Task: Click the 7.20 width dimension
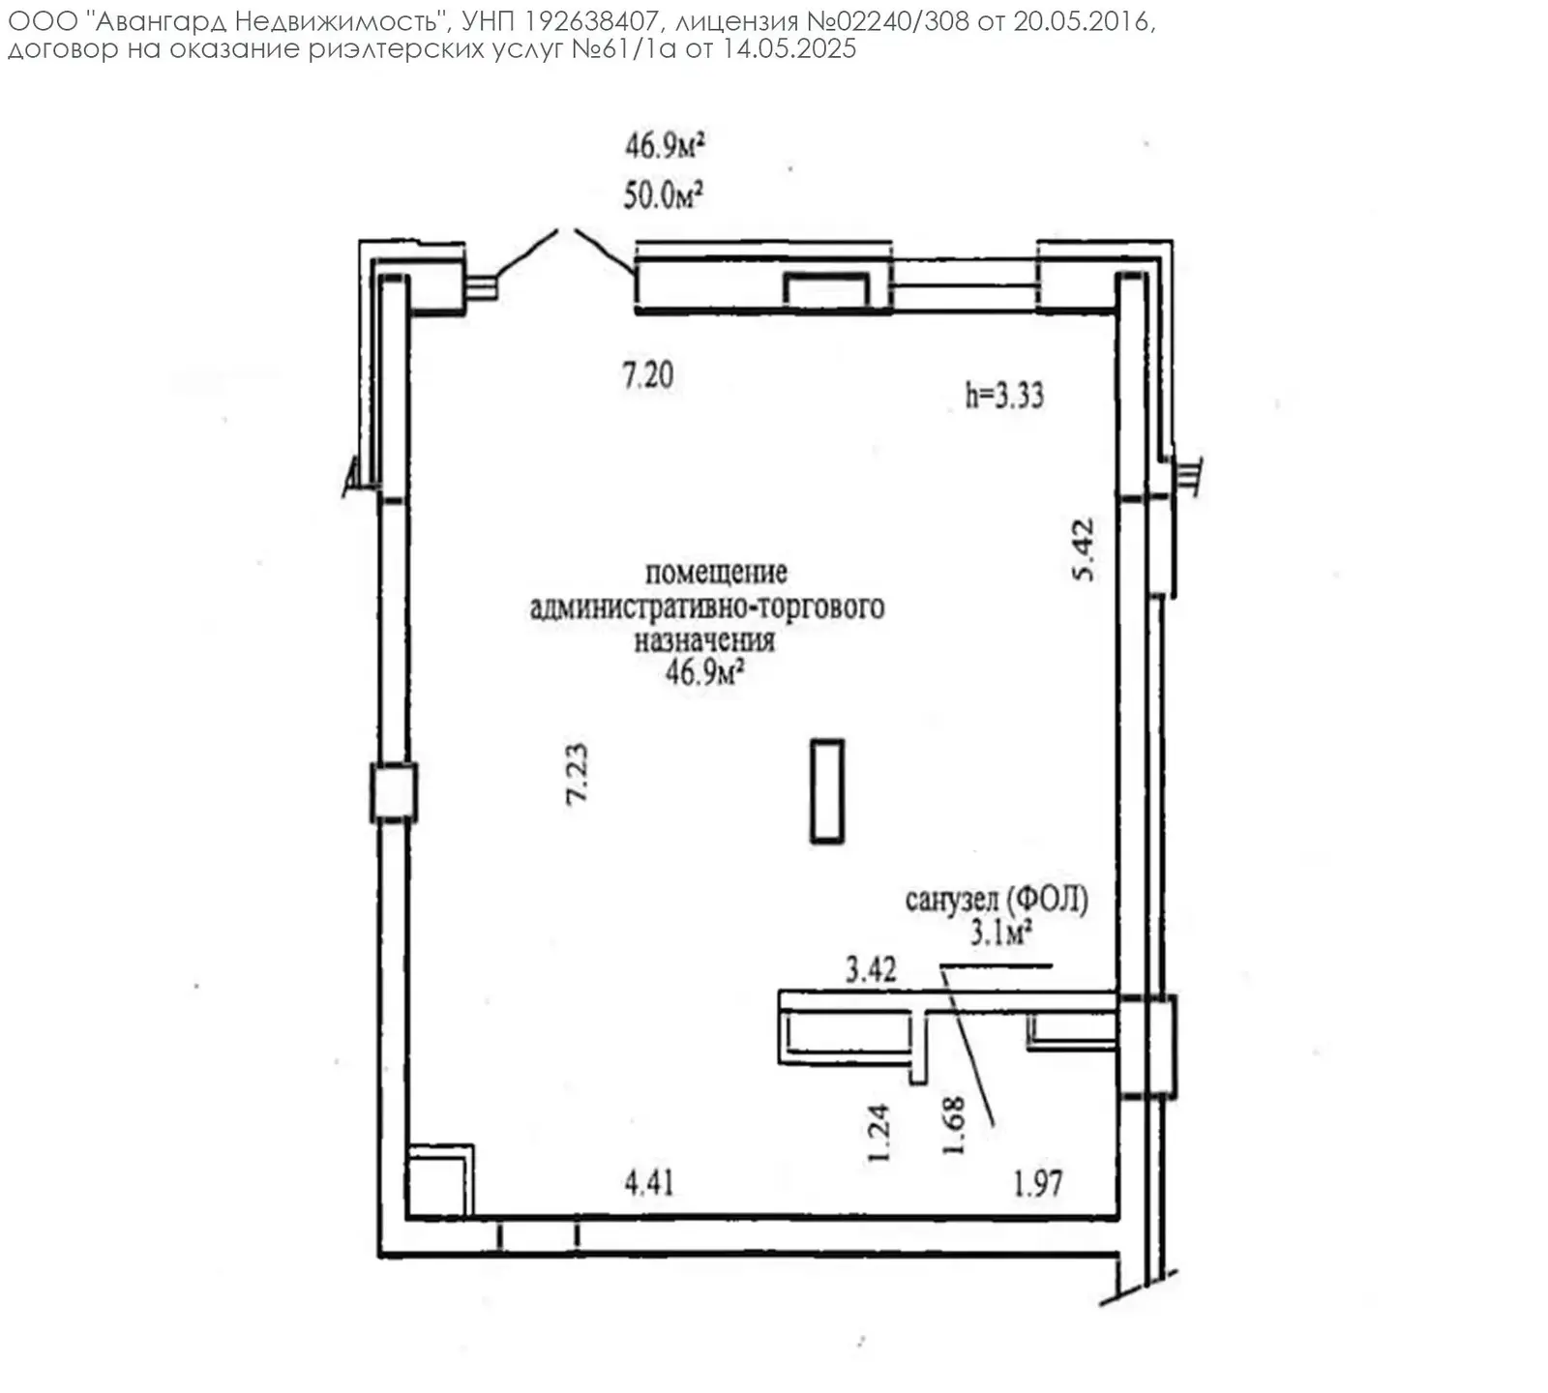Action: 647,374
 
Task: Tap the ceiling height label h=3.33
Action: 1004,395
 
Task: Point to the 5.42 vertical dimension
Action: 1084,549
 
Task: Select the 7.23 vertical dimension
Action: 576,773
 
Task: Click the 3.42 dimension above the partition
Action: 871,968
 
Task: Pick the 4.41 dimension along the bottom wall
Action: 648,1181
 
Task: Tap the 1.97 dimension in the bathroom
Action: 1037,1182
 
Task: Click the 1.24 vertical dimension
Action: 878,1133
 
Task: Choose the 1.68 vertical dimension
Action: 954,1125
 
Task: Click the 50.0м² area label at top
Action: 663,195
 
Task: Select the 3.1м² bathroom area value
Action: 999,933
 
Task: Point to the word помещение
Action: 716,572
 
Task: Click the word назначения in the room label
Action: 704,639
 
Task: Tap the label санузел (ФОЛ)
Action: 997,900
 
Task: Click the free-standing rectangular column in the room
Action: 827,791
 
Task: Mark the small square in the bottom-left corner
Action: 440,1180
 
